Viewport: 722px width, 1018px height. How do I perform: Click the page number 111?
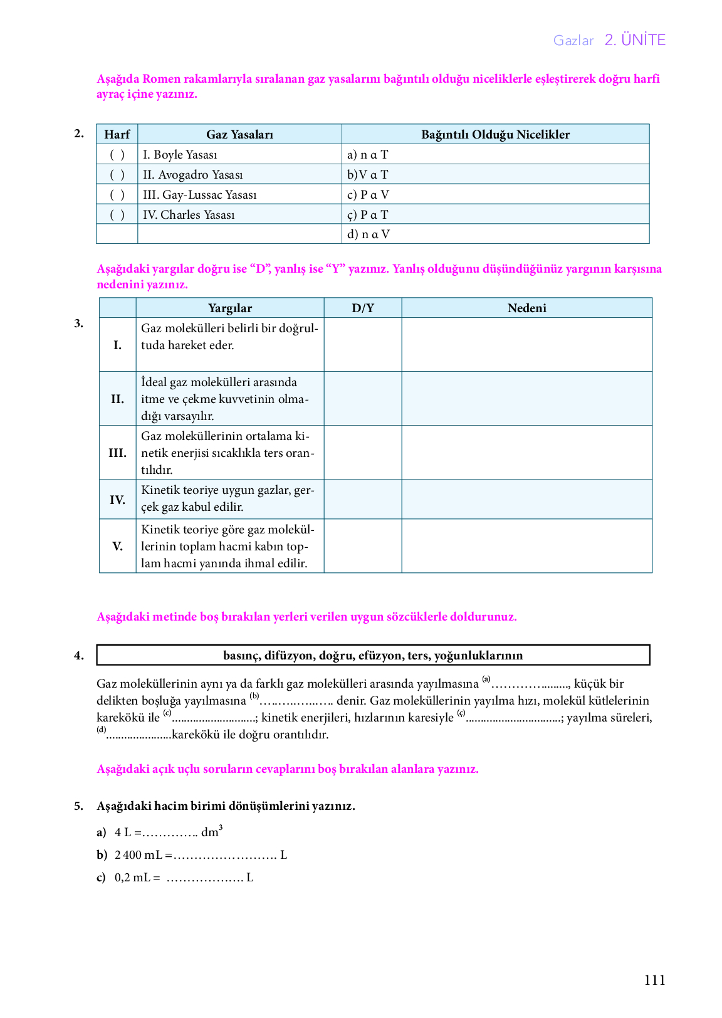(x=654, y=980)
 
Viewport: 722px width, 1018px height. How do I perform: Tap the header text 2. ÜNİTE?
(x=635, y=40)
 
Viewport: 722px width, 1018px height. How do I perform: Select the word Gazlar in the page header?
(x=573, y=41)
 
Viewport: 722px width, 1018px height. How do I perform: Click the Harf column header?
(x=117, y=134)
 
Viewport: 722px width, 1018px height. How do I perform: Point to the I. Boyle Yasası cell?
(x=180, y=155)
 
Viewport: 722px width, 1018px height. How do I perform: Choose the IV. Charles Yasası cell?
(x=189, y=215)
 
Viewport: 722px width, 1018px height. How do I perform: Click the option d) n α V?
(x=369, y=234)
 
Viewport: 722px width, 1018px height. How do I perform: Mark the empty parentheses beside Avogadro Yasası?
(x=117, y=175)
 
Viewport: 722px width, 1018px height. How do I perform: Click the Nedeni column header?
(x=526, y=308)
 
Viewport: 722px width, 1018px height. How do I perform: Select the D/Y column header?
(x=362, y=308)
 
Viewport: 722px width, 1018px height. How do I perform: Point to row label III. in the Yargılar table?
(x=117, y=453)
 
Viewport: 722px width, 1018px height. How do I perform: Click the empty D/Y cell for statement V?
(x=362, y=546)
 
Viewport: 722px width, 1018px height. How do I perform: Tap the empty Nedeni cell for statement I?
(x=526, y=345)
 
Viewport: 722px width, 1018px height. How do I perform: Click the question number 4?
(x=78, y=656)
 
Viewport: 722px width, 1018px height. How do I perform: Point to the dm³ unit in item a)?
(x=211, y=832)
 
